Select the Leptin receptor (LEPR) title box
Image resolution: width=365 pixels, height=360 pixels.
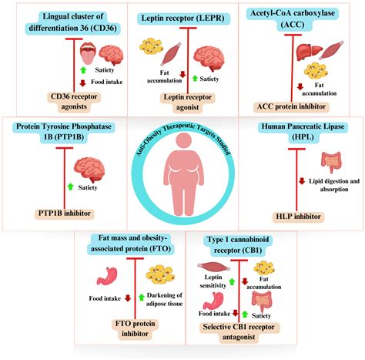click(182, 17)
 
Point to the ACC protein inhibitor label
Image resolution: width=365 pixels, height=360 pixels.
click(302, 106)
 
